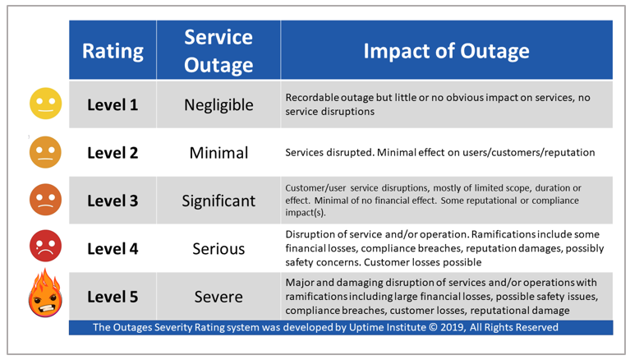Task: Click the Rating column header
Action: click(x=113, y=51)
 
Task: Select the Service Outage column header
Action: click(x=218, y=51)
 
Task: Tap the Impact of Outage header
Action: click(x=447, y=51)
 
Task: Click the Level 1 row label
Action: click(x=113, y=104)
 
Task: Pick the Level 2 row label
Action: click(x=113, y=152)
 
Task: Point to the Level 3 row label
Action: click(x=113, y=200)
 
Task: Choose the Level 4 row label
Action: click(x=113, y=247)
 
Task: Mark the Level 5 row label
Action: click(x=113, y=295)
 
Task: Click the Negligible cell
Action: click(x=218, y=104)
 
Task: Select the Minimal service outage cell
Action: click(x=218, y=152)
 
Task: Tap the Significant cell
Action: click(x=218, y=200)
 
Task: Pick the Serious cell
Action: click(x=218, y=247)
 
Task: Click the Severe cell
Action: click(x=218, y=295)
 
